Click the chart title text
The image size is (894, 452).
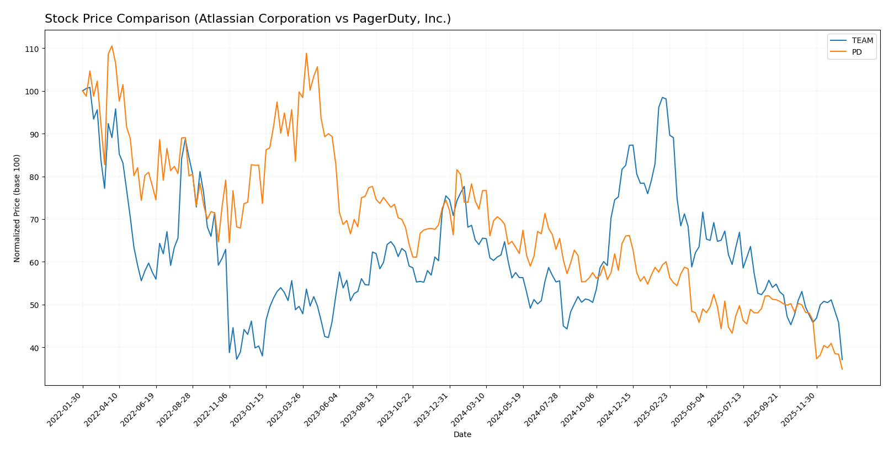[x=248, y=19]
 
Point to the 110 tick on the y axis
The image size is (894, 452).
[x=31, y=49]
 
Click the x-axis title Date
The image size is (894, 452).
[x=462, y=435]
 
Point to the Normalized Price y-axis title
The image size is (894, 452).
[x=17, y=208]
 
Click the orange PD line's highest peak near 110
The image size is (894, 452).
[x=111, y=46]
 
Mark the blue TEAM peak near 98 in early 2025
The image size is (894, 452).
[x=662, y=97]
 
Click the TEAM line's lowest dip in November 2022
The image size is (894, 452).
[x=237, y=359]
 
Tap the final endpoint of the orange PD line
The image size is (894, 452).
[x=842, y=369]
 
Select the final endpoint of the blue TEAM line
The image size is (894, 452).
[x=842, y=359]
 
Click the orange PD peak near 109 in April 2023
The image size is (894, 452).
[x=306, y=54]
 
